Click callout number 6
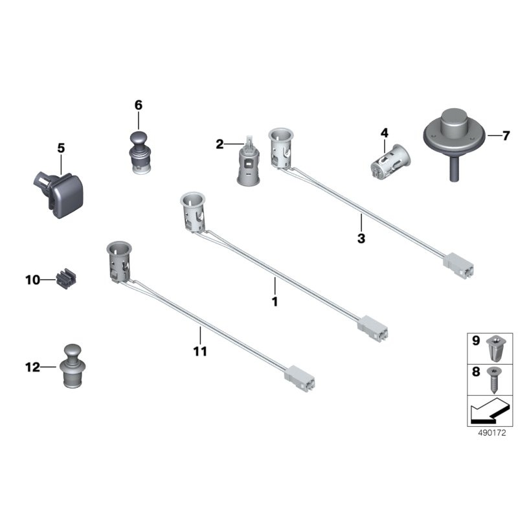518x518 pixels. [x=139, y=106]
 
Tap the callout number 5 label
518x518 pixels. [x=61, y=148]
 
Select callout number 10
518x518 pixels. [x=33, y=280]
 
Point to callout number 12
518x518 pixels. [x=33, y=367]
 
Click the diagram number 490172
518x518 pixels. [x=492, y=433]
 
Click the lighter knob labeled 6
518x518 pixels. [x=139, y=153]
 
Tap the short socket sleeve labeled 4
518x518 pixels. [x=390, y=163]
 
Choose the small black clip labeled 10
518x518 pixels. [x=67, y=279]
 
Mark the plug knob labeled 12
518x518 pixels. [x=73, y=366]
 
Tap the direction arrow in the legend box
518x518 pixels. [x=489, y=411]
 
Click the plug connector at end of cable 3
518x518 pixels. [x=458, y=265]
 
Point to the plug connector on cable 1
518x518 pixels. [x=373, y=328]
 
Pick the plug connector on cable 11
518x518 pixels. [x=300, y=379]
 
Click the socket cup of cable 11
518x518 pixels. [x=118, y=262]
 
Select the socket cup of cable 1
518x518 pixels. [x=192, y=212]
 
